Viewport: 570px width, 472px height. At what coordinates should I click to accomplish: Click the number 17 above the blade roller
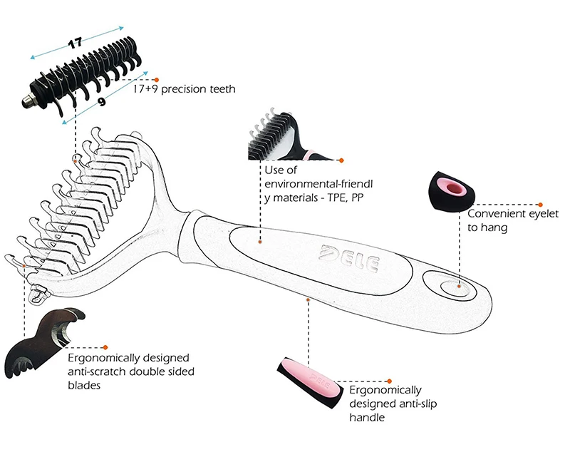(76, 43)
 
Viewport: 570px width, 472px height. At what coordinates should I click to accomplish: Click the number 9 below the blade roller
(102, 101)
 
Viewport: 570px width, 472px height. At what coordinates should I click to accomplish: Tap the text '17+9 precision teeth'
(184, 89)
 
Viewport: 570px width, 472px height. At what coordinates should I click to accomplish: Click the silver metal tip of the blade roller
(27, 100)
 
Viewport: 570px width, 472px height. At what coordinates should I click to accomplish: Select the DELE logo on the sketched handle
(348, 258)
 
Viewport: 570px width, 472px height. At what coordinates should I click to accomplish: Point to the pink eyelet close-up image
(452, 192)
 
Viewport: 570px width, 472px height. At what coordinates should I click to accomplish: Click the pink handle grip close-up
(310, 383)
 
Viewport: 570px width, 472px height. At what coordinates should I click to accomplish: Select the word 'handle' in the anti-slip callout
(367, 417)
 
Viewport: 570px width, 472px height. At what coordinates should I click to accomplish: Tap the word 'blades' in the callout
(84, 385)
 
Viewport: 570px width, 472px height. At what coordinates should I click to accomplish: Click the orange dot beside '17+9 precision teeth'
(157, 80)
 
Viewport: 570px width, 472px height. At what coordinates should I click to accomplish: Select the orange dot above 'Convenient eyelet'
(540, 205)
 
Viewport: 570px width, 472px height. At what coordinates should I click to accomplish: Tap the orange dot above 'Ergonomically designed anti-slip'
(389, 381)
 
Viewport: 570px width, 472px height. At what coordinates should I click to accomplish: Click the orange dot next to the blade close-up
(105, 348)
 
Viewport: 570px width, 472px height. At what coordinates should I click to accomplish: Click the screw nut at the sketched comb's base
(38, 294)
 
